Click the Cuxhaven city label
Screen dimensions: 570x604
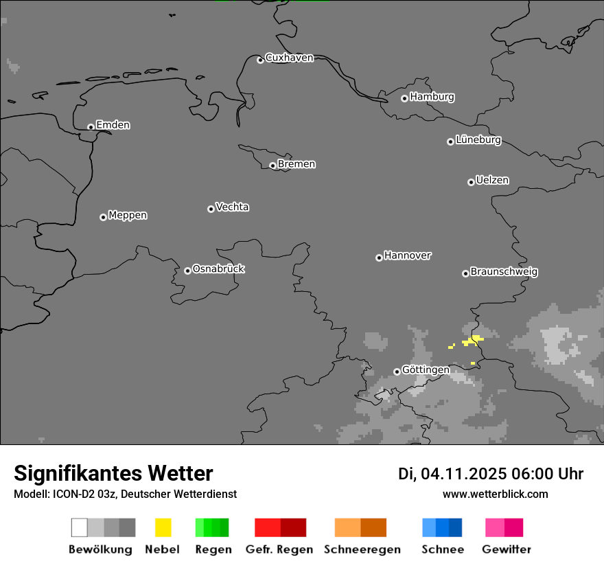289,58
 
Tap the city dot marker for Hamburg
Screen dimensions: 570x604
404,98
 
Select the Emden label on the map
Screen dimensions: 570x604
113,125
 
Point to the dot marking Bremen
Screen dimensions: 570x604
272,166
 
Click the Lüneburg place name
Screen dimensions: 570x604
478,140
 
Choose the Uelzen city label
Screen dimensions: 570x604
492,180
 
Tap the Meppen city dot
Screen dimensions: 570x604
103,217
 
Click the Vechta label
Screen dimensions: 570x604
232,207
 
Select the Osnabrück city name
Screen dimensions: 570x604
218,269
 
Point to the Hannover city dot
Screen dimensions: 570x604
379,258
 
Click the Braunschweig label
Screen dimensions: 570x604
504,272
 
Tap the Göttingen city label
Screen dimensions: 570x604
426,370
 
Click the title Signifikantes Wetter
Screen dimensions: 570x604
113,474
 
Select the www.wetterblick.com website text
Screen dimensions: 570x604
495,494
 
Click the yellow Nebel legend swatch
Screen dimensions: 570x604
163,527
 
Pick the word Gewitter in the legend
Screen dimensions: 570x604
507,549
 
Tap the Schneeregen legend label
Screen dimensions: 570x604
362,549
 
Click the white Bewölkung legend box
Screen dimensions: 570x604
79,527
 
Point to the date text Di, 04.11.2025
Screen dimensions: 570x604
452,474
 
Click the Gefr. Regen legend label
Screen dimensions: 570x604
279,549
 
